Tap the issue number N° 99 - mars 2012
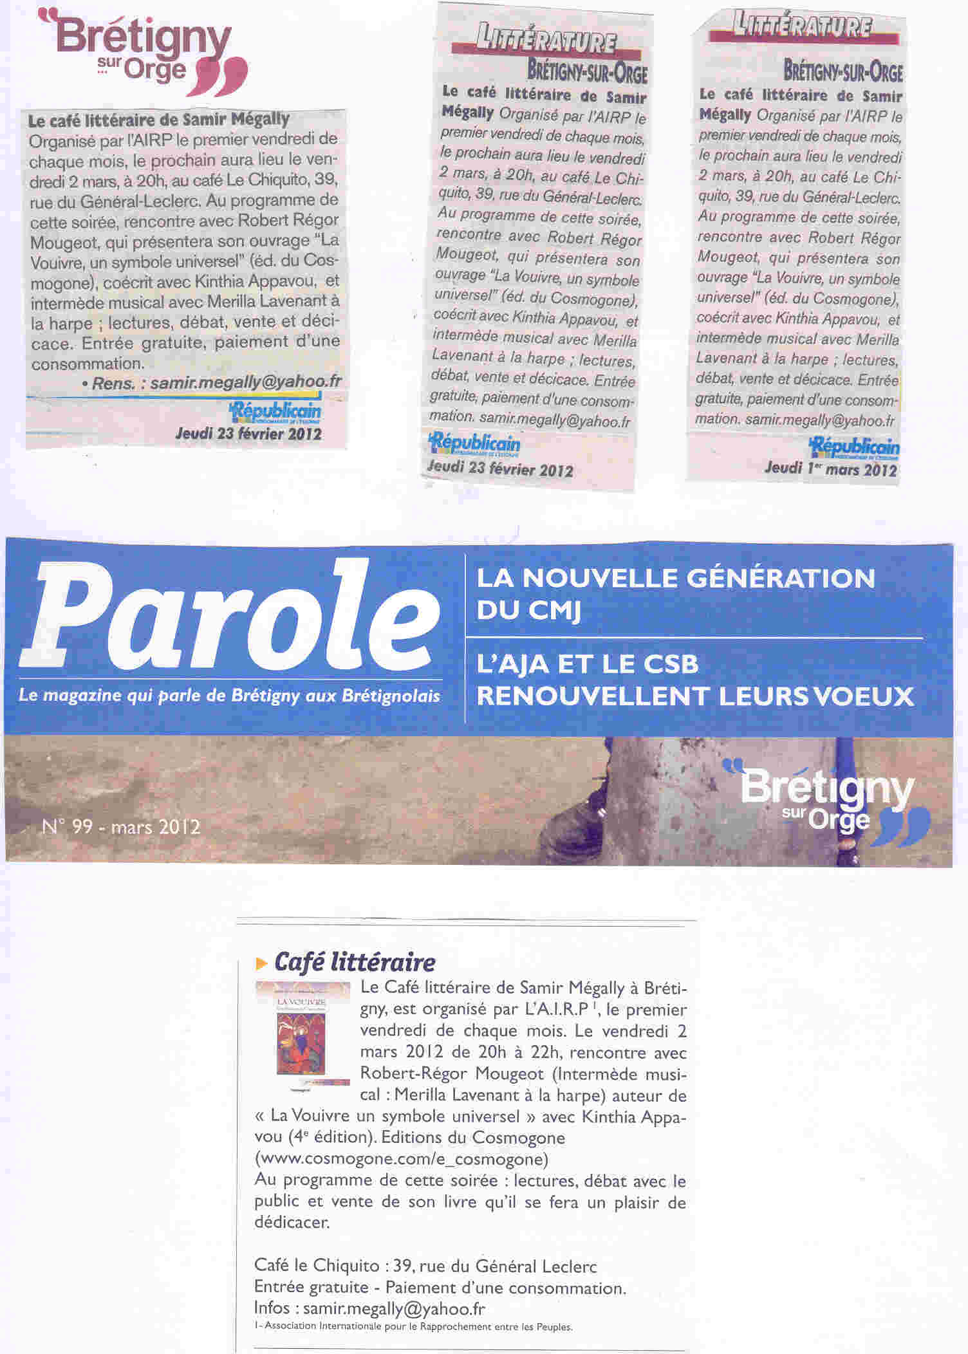point(121,826)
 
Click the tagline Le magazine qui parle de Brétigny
point(229,696)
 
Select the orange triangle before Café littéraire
point(261,963)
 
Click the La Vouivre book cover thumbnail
point(302,1037)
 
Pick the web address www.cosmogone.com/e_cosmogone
point(402,1159)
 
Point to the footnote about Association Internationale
point(413,1326)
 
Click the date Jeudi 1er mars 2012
point(830,468)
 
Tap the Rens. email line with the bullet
point(212,382)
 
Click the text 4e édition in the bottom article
point(328,1138)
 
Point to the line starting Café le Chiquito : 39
point(425,1266)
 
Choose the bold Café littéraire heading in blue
point(355,963)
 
